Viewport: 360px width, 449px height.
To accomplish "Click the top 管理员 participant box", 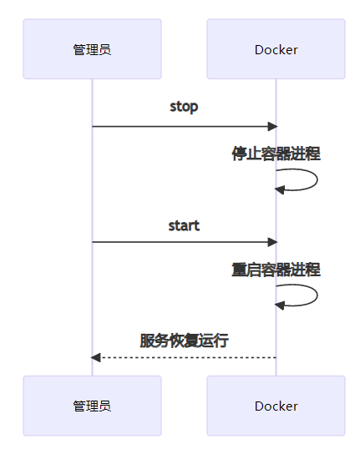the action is [x=92, y=49].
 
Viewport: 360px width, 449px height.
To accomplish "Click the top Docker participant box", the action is [x=276, y=49].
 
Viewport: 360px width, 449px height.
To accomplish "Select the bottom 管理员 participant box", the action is [x=92, y=406].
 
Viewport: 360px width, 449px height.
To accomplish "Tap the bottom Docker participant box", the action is [x=276, y=406].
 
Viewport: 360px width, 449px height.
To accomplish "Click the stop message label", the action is [x=184, y=107].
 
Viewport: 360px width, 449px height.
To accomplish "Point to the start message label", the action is [x=184, y=225].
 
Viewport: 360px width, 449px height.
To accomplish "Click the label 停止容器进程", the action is [x=276, y=154].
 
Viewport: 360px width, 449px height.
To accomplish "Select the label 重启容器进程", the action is [x=276, y=270].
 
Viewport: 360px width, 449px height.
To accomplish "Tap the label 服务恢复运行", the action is [x=184, y=341].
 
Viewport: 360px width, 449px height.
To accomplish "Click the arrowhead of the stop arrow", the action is [x=272, y=126].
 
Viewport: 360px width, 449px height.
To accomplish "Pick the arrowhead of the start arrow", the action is [x=272, y=242].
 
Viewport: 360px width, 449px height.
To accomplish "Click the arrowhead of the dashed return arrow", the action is [x=96, y=358].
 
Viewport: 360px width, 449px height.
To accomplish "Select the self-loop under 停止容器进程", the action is [x=317, y=179].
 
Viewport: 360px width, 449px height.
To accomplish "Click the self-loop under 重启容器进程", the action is [x=317, y=295].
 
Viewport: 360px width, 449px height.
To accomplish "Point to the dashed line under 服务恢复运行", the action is [x=184, y=358].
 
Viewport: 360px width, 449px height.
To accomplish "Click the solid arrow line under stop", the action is [x=185, y=126].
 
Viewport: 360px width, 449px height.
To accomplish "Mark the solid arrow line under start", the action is [x=185, y=242].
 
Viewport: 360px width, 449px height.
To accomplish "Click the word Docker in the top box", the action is [x=276, y=50].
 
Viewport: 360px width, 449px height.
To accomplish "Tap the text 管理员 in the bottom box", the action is [x=92, y=406].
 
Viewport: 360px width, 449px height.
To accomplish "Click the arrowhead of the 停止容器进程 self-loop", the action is [x=280, y=189].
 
